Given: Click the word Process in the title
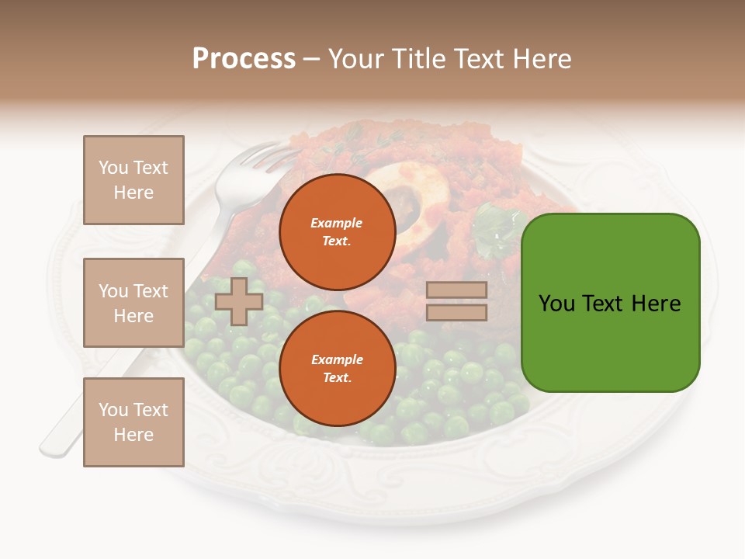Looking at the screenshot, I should tap(244, 59).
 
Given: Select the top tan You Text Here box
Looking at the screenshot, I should tap(133, 180).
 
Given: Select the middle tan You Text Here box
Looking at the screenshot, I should tap(133, 303).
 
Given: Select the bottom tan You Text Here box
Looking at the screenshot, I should tap(133, 422).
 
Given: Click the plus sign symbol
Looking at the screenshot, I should tap(238, 302).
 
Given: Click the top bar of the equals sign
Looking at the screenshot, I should tap(456, 290).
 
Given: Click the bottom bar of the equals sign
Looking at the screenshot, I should tap(456, 313).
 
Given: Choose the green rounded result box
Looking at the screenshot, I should tap(610, 303).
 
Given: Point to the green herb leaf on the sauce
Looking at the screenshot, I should tap(494, 229).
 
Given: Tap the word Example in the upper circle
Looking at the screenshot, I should tap(337, 223).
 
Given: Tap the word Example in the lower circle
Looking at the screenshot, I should tap(337, 359).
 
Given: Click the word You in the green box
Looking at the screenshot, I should tap(557, 304).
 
